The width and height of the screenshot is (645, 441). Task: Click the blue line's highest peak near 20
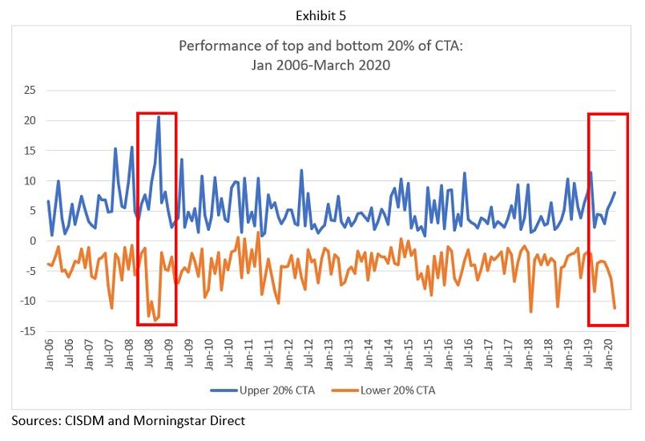(159, 117)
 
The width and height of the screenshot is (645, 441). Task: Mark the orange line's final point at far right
(615, 308)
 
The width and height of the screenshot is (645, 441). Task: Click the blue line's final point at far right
(615, 192)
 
